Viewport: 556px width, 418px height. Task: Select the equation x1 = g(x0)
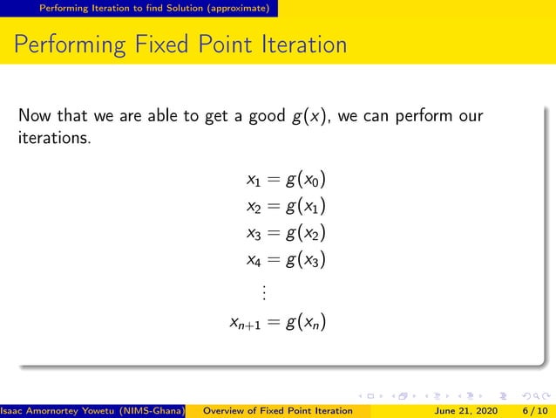[286, 182]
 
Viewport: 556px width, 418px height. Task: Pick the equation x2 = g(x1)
[286, 208]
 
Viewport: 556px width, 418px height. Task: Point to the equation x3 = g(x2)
[286, 234]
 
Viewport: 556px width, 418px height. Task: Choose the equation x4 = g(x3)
[286, 260]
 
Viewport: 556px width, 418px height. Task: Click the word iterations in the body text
[53, 138]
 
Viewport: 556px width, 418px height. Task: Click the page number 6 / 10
[534, 410]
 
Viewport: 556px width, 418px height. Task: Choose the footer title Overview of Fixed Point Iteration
[276, 410]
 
